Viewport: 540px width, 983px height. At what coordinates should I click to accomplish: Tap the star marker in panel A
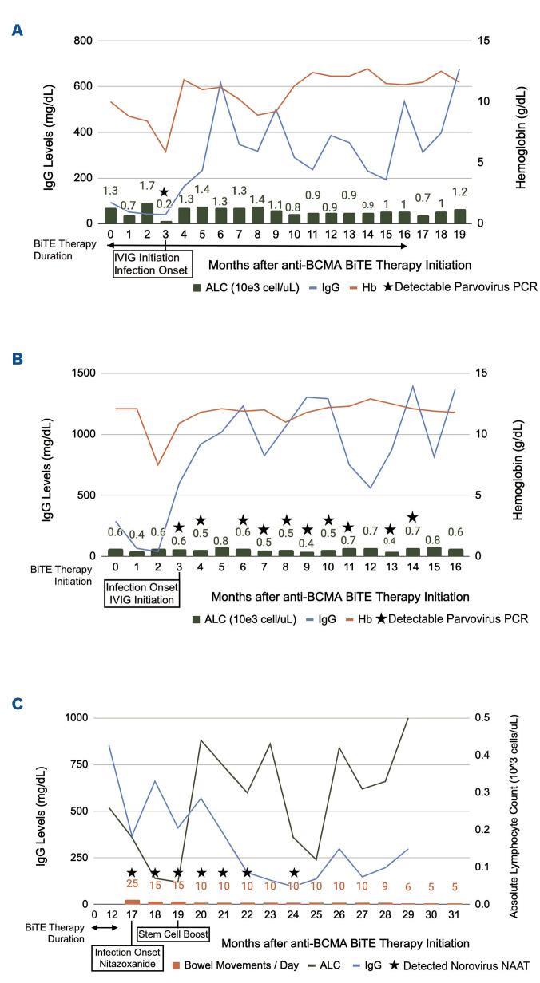[x=164, y=192]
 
